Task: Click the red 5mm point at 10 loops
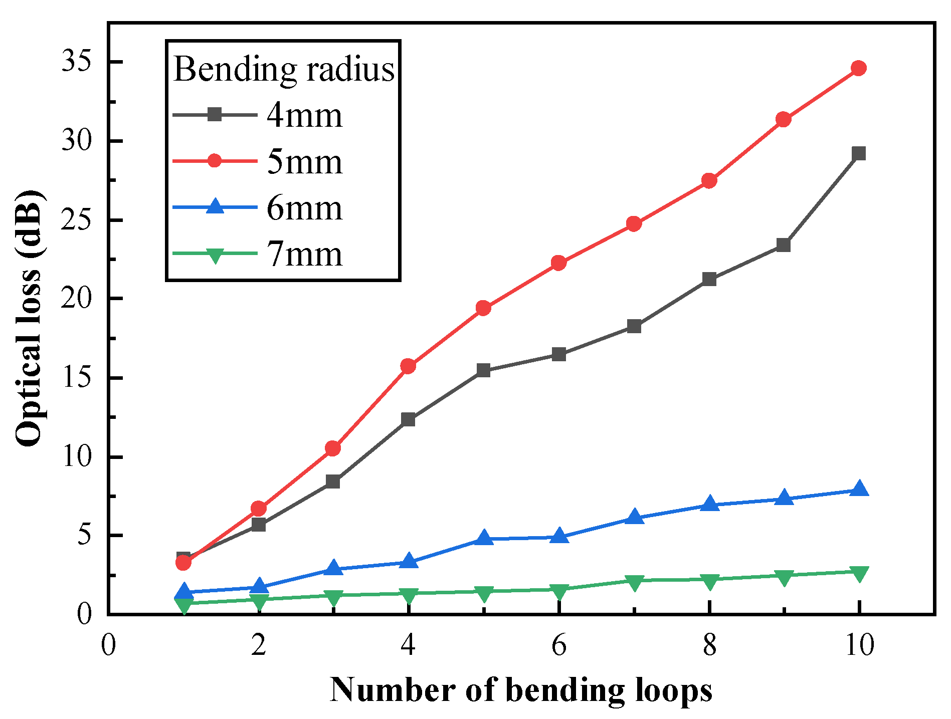pyautogui.click(x=859, y=68)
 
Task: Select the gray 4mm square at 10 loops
pyautogui.click(x=859, y=153)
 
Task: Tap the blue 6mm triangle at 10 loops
pyautogui.click(x=859, y=489)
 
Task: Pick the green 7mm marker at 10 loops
pyautogui.click(x=859, y=573)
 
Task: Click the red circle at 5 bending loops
pyautogui.click(x=483, y=308)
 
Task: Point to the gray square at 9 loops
pyautogui.click(x=784, y=245)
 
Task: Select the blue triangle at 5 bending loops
pyautogui.click(x=484, y=538)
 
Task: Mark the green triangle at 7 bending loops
pyautogui.click(x=634, y=582)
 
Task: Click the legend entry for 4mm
pyautogui.click(x=304, y=116)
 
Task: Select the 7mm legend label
pyautogui.click(x=304, y=254)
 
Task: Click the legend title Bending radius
pyautogui.click(x=284, y=69)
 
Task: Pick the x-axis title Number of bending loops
pyautogui.click(x=521, y=690)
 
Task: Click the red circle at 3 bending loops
pyautogui.click(x=333, y=448)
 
